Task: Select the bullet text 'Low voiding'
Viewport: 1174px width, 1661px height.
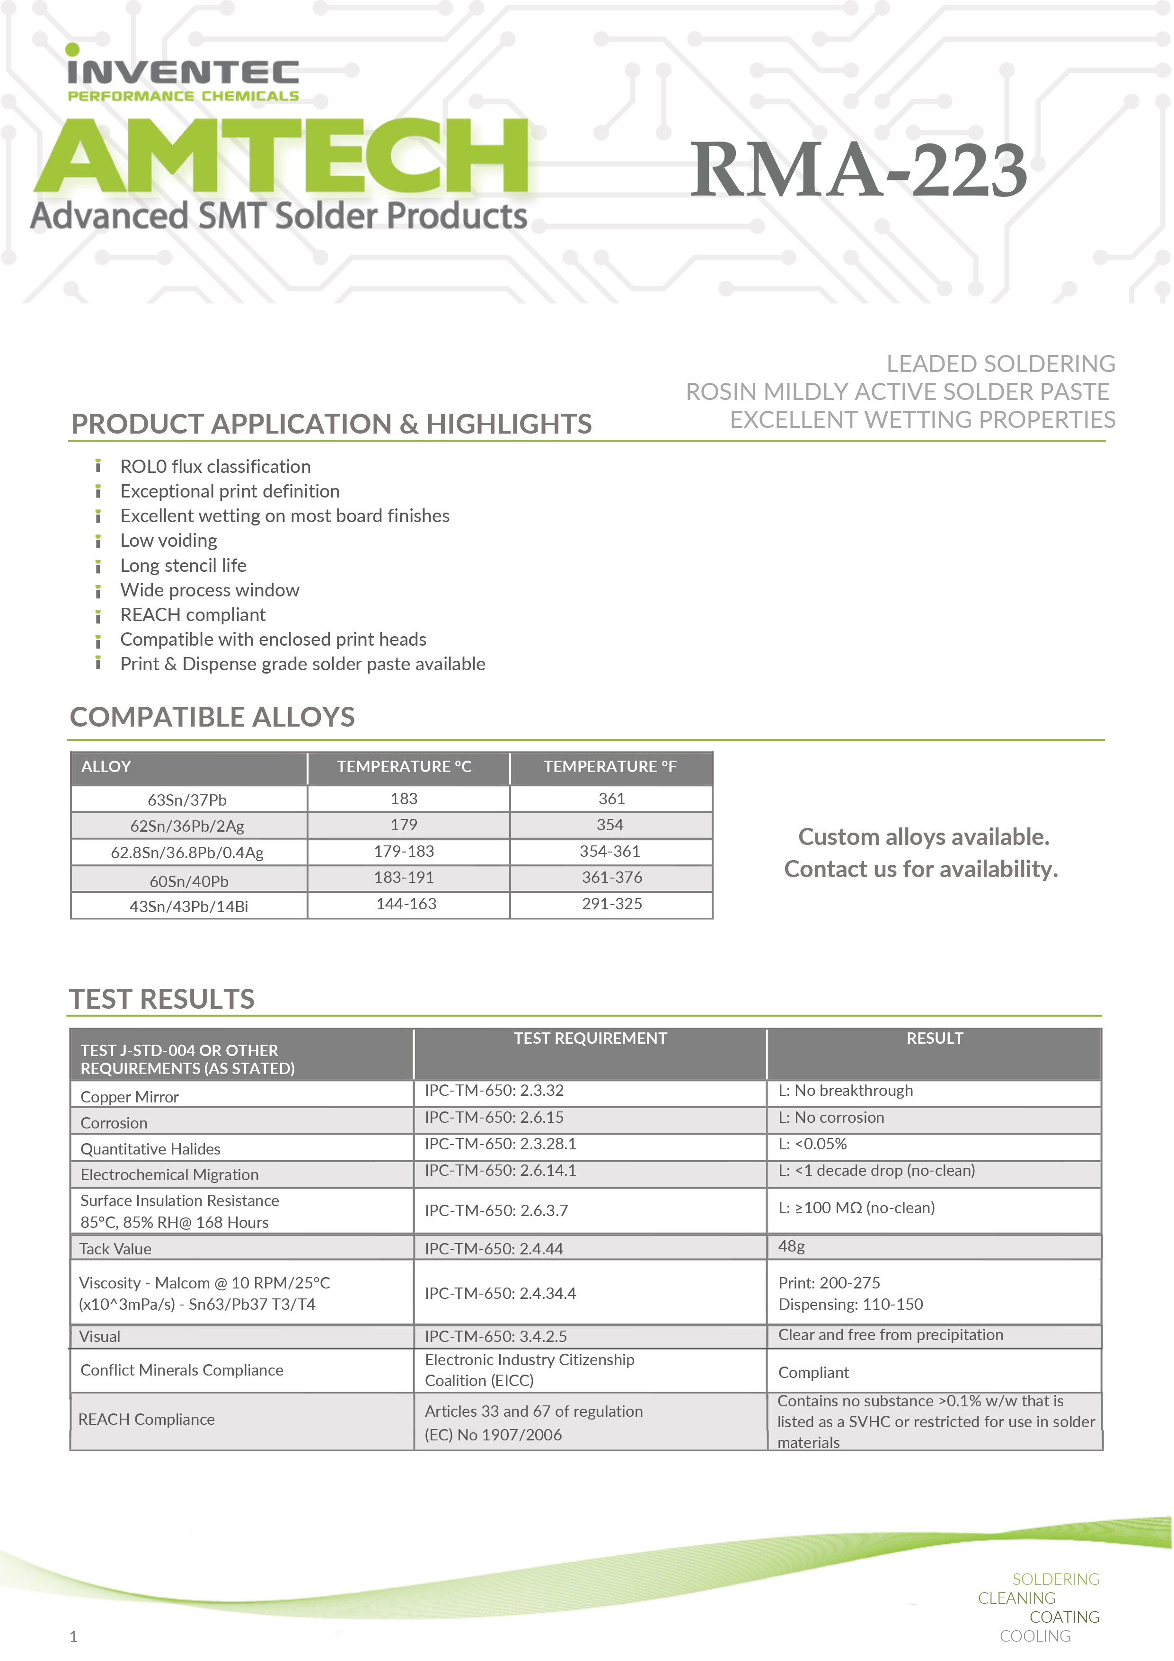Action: tap(168, 541)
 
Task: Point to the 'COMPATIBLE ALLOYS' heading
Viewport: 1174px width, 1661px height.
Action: tap(212, 717)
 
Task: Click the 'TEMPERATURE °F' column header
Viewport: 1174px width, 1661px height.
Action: tap(610, 767)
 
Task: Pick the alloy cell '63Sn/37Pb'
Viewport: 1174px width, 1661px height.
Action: tap(187, 799)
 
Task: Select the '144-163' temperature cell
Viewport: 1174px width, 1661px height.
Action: tap(406, 904)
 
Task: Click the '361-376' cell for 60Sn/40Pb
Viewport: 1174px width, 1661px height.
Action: tap(611, 878)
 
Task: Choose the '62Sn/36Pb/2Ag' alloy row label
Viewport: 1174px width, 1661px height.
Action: tap(187, 826)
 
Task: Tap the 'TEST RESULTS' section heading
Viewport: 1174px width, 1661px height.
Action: tap(162, 999)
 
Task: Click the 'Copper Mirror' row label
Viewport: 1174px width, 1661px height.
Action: tap(130, 1097)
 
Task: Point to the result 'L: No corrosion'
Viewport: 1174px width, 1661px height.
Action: tap(831, 1117)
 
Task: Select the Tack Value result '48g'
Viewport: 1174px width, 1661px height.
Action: tap(791, 1246)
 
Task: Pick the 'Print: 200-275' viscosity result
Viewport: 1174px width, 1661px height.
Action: tap(829, 1283)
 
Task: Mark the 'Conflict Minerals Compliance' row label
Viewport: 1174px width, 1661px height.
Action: tap(182, 1370)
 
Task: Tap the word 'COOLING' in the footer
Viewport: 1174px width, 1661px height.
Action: tap(1034, 1636)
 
